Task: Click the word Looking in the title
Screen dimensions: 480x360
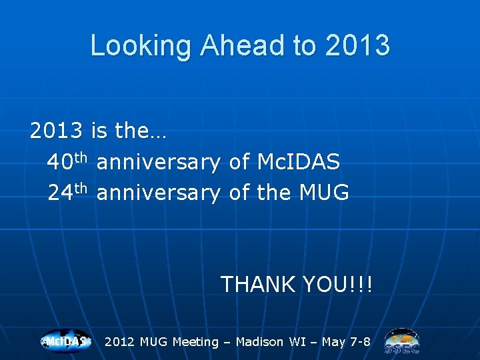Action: pos(141,45)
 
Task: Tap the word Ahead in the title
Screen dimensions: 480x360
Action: pos(242,45)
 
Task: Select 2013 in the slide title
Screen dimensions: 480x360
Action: pos(357,45)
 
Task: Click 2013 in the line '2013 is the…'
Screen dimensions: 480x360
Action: pos(56,130)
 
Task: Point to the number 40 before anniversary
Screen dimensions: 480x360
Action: pos(60,161)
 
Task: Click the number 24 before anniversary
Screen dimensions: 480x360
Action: pos(61,192)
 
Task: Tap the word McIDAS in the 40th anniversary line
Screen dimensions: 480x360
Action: pos(299,161)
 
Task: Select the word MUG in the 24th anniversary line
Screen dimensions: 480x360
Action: pos(324,192)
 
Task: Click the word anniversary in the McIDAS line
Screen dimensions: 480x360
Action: pos(158,162)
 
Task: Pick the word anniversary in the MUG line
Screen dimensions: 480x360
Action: pos(158,193)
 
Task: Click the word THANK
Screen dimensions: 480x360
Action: pos(258,284)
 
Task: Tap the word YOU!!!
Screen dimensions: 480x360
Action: pos(338,284)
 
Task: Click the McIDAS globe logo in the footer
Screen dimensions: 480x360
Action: pos(66,341)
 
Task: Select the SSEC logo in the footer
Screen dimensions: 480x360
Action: pos(402,341)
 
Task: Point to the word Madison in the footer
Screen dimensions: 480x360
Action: pos(259,341)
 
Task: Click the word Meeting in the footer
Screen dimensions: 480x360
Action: pos(195,342)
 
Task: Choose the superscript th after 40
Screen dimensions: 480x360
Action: pos(81,157)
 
